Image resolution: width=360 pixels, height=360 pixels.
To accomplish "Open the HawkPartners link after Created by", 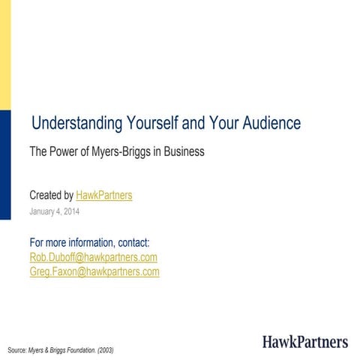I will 104,196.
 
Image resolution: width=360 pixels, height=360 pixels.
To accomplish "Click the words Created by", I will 51,196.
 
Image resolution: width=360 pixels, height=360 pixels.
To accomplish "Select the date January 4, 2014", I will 54,211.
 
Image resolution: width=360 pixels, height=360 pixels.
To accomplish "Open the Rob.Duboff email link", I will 93,257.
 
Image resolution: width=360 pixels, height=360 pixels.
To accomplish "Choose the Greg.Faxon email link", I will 94,271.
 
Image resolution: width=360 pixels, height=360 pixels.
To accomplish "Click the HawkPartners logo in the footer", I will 304,342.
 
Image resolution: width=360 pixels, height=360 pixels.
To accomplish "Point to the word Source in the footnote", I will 16,350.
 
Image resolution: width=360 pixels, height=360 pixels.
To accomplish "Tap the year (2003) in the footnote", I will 104,350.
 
